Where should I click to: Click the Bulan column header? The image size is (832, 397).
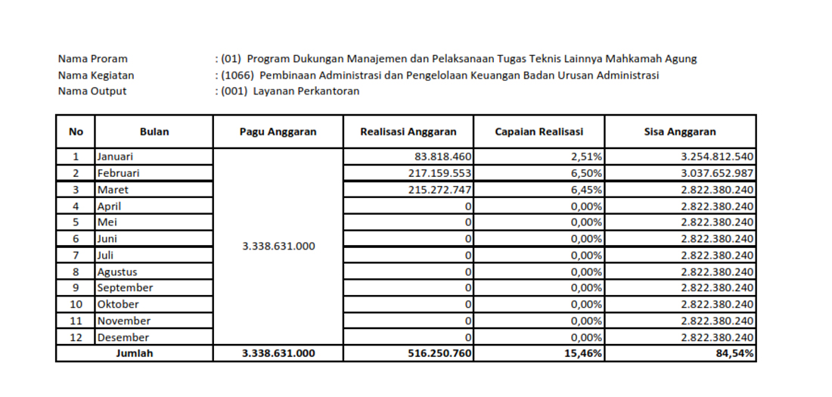[154, 132]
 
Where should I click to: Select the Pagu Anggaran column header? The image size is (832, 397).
[278, 132]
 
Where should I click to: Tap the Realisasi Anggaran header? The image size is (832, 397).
[408, 132]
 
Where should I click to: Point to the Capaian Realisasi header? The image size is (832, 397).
[539, 132]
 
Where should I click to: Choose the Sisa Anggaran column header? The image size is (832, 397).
[680, 132]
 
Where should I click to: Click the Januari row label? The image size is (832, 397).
[115, 157]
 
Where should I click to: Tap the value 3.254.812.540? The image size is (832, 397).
[717, 157]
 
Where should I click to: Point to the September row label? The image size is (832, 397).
[125, 288]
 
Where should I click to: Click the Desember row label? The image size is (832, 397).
[123, 337]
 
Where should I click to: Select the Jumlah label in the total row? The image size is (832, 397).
[134, 353]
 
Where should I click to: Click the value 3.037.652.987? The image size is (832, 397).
[717, 173]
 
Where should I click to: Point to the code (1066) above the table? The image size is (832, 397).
[237, 75]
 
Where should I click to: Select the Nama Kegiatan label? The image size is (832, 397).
[96, 75]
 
